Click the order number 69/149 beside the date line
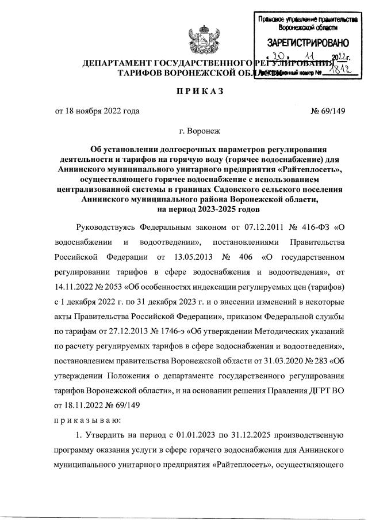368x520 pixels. (328, 111)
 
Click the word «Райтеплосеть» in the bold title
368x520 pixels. (310, 169)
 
